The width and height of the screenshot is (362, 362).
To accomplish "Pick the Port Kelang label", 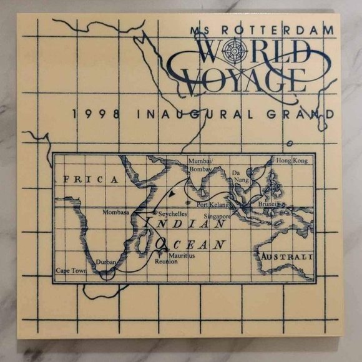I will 210,205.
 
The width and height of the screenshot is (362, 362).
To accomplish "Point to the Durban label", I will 106,262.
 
